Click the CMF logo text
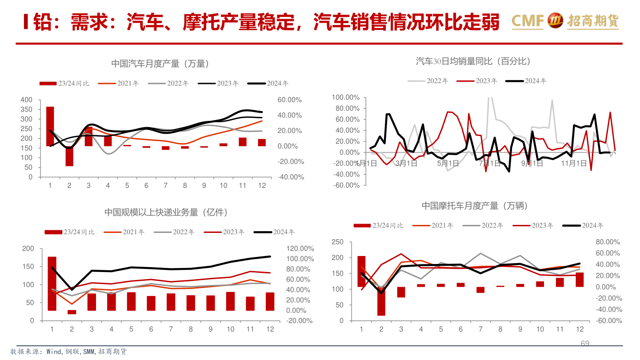(x=528, y=20)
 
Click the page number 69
(x=585, y=344)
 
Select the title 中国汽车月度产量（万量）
(x=160, y=64)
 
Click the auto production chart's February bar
(x=69, y=156)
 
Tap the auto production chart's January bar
(x=50, y=126)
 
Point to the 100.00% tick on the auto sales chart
(x=345, y=97)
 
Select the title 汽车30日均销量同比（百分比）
(x=473, y=61)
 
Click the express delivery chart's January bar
(x=52, y=283)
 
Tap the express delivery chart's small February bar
(x=72, y=312)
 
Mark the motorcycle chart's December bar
(x=580, y=280)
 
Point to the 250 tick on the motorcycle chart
(x=338, y=242)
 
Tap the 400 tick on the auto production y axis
(x=27, y=100)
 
